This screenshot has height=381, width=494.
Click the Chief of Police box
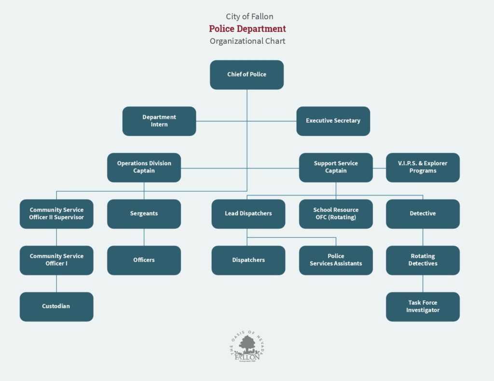247,75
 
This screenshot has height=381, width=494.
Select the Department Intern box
159,121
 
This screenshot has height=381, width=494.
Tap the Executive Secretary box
333,121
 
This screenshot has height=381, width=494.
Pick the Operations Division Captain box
144,168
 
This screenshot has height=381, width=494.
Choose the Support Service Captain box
336,168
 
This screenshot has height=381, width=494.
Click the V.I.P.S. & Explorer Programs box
423,168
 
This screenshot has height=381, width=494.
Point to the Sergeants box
144,214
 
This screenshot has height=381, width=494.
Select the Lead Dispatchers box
248,214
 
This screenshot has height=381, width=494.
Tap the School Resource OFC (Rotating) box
336,214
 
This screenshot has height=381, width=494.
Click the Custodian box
56,307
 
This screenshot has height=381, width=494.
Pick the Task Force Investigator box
423,307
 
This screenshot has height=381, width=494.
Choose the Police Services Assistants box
336,261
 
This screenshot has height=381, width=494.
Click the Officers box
144,261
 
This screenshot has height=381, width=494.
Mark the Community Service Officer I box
56,261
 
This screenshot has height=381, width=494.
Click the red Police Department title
247,28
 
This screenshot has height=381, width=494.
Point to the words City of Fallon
249,16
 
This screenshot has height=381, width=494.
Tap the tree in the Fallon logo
247,344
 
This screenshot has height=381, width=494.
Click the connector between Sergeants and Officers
144,237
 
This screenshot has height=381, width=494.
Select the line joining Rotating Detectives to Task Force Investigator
423,284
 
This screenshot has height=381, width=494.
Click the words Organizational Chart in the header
247,41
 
